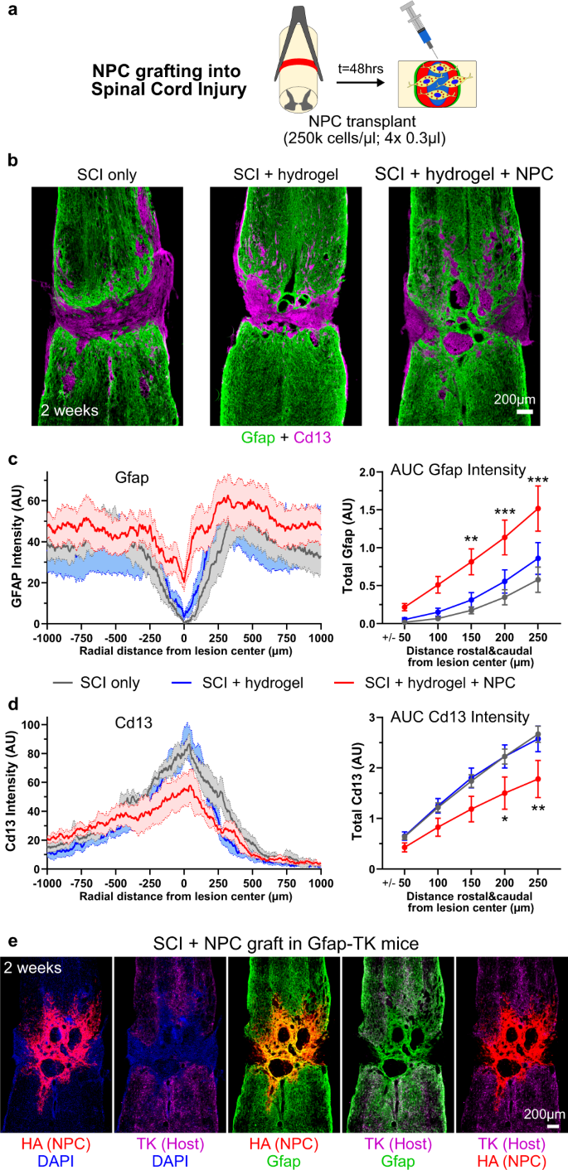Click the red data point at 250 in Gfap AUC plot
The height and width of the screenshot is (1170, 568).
pyautogui.click(x=538, y=509)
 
